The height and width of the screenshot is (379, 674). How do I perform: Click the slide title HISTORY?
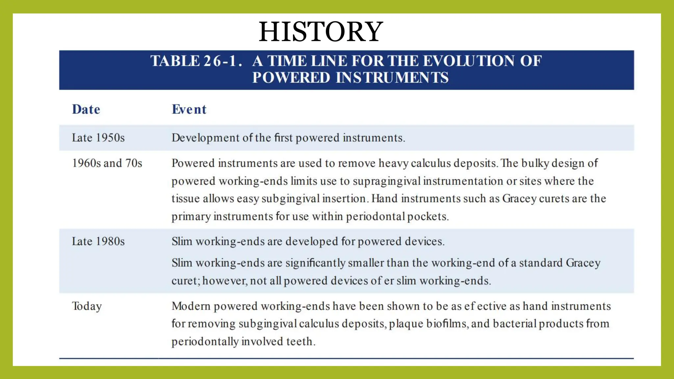coord(321,32)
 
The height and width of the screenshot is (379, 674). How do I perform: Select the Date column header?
coord(86,110)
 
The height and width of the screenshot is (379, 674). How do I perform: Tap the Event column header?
coord(189,110)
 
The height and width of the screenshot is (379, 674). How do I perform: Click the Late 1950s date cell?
coord(98,138)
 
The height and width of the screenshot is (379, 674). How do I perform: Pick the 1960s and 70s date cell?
coord(107,163)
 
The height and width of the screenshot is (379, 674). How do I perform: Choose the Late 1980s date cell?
coord(98,241)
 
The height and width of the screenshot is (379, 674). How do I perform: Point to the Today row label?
coord(87,306)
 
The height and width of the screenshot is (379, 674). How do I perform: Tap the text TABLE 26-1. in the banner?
coord(196,61)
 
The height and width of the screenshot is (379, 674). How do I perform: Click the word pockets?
coord(428,216)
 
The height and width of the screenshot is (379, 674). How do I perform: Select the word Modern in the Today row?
coord(191,306)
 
